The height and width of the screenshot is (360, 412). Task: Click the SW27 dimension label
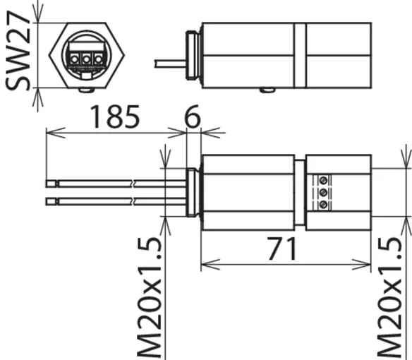(18, 51)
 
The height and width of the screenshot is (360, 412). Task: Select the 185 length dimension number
(115, 116)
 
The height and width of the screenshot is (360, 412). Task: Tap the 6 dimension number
(193, 116)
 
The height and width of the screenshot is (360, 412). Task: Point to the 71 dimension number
(283, 248)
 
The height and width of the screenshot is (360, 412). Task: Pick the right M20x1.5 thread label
(390, 297)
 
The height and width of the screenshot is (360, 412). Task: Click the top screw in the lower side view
(323, 181)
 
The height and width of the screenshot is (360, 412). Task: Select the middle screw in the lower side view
(323, 193)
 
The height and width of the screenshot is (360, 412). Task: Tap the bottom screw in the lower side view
(323, 204)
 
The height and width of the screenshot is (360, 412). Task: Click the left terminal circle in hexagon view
(74, 60)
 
